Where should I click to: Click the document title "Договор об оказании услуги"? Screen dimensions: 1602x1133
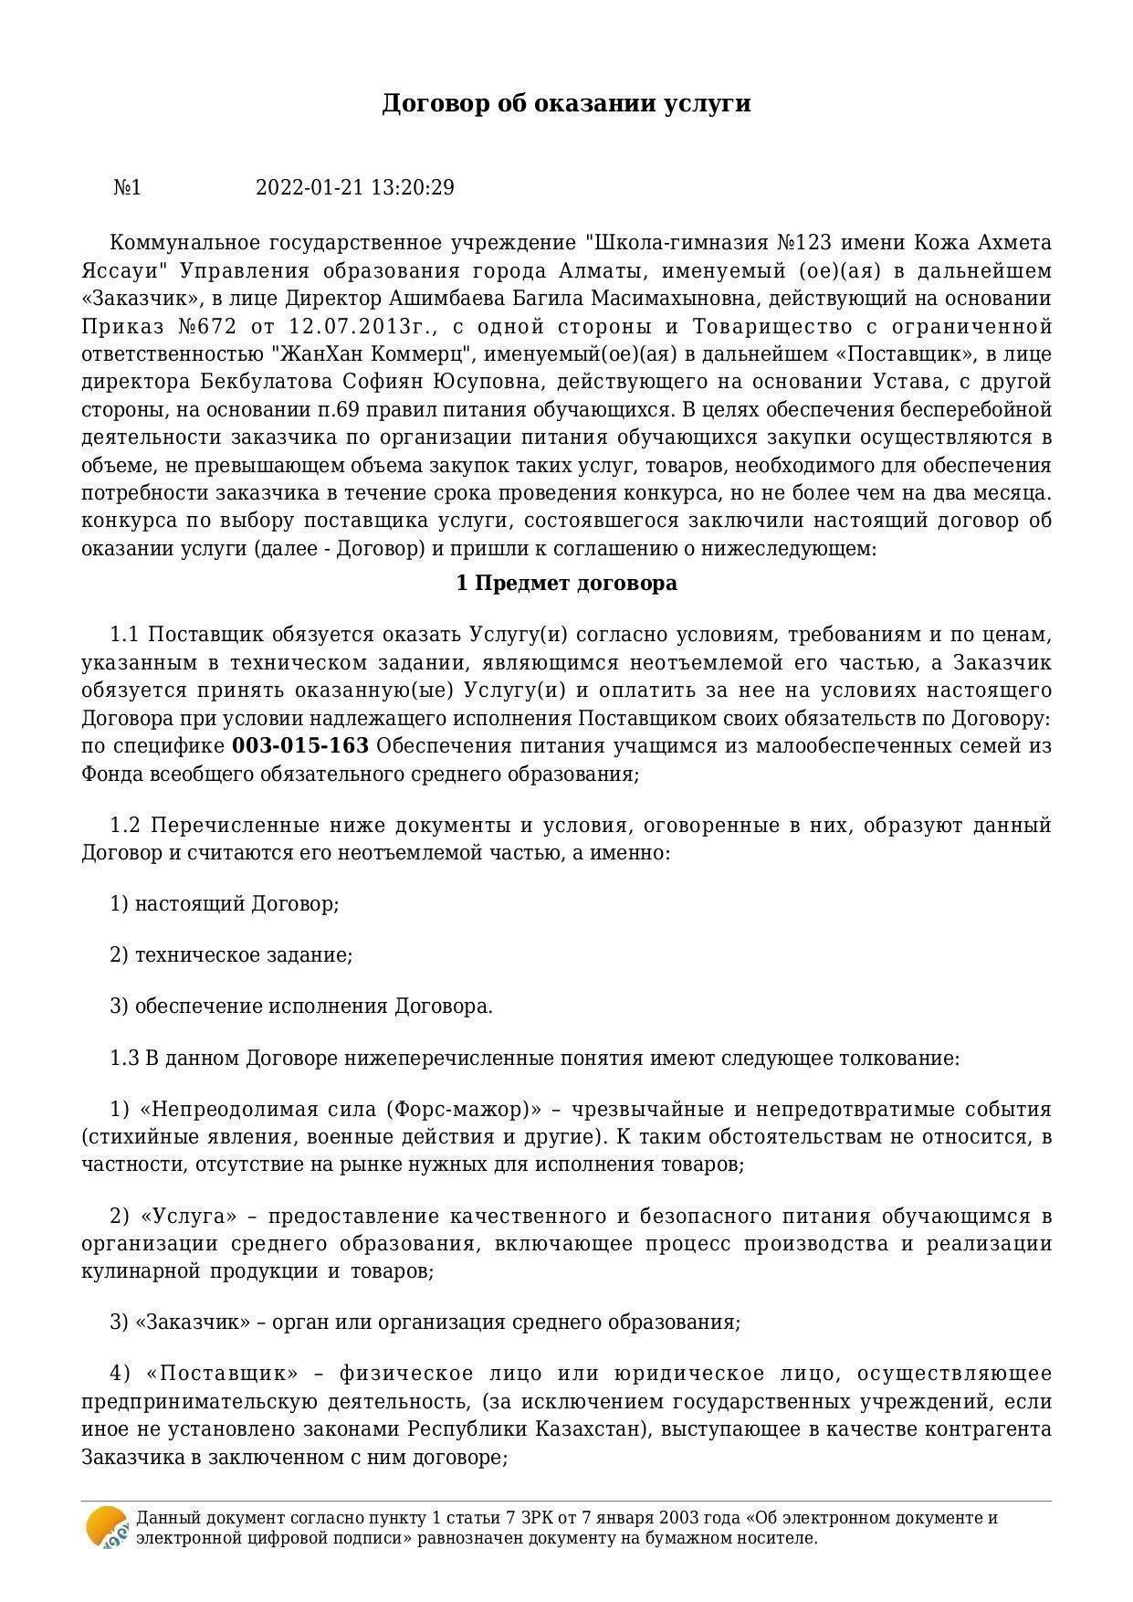tap(566, 103)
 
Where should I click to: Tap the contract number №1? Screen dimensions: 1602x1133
tap(127, 188)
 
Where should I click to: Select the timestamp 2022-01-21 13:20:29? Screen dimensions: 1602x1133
tap(354, 188)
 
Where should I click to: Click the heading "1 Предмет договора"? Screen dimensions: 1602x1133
tap(566, 584)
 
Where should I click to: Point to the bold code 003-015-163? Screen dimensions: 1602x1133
tap(300, 746)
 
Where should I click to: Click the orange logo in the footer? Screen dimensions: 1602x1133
tap(106, 1527)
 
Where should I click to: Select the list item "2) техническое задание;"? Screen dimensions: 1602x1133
tap(231, 955)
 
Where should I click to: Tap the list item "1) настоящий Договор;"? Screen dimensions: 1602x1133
tap(225, 904)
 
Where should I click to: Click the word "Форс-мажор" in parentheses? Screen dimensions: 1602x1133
tap(461, 1110)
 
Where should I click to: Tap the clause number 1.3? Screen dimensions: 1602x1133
tap(124, 1059)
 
